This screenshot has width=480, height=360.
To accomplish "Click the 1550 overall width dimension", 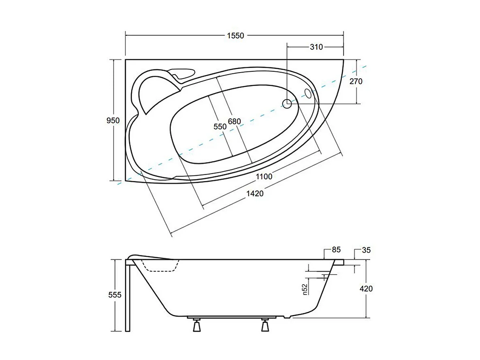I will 235,36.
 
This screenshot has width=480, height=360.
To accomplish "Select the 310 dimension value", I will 316,47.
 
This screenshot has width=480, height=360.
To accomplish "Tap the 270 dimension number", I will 356,81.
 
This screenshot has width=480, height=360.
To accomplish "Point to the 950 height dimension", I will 113,120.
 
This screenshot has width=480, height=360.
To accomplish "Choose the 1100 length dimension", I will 264,176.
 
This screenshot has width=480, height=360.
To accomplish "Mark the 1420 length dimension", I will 255,193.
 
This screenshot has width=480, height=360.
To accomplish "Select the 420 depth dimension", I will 366,289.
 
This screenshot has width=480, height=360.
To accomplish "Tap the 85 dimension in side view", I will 336,250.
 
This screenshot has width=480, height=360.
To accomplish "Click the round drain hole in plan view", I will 287,104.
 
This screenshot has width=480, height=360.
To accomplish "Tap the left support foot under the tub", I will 197,325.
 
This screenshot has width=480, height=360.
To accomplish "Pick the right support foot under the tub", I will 265,325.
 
